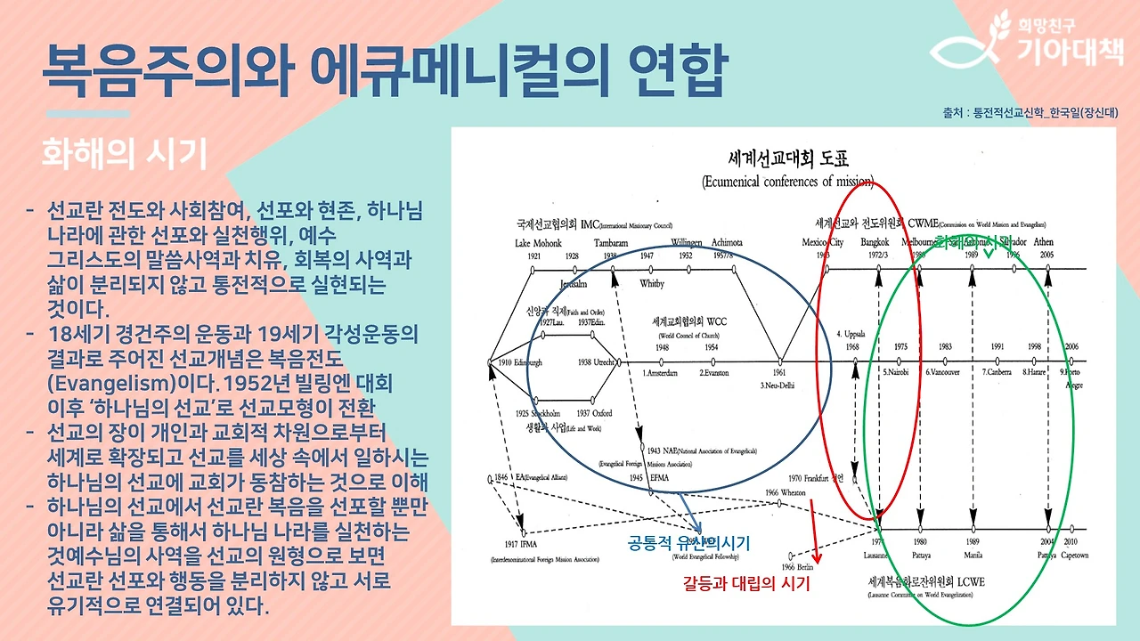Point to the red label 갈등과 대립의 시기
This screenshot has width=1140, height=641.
(746, 584)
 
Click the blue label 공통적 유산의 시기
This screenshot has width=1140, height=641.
(689, 542)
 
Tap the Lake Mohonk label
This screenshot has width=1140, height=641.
(538, 242)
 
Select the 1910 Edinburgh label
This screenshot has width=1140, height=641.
(520, 363)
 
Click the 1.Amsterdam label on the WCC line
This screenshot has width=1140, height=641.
(664, 373)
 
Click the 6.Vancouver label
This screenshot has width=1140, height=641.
(941, 372)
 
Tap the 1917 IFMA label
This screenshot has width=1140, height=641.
(521, 543)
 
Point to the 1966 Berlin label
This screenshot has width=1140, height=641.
(799, 566)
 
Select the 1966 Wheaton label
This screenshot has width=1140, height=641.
(785, 492)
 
